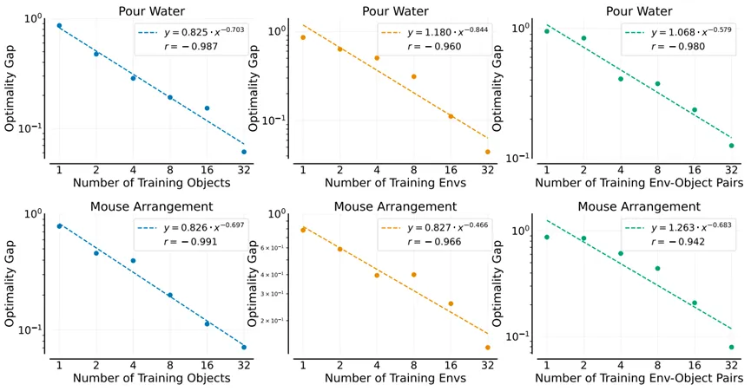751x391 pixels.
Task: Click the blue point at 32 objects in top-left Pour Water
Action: [x=244, y=152]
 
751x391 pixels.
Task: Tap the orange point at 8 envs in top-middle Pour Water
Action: [x=413, y=76]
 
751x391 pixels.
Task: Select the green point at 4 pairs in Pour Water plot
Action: [x=621, y=79]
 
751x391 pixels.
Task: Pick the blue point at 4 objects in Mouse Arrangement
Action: [x=133, y=260]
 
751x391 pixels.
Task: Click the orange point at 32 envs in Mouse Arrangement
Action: [x=487, y=348]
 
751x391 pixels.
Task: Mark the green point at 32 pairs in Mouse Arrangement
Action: [x=732, y=347]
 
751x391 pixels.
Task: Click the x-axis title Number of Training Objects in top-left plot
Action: [x=151, y=183]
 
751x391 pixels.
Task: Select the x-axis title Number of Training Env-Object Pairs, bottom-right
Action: [x=639, y=378]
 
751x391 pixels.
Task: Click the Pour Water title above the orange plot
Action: [x=395, y=10]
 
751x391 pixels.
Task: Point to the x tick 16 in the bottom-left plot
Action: [x=208, y=364]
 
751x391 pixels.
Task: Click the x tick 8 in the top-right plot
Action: [x=657, y=169]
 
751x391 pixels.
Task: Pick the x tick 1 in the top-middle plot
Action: [x=303, y=169]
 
